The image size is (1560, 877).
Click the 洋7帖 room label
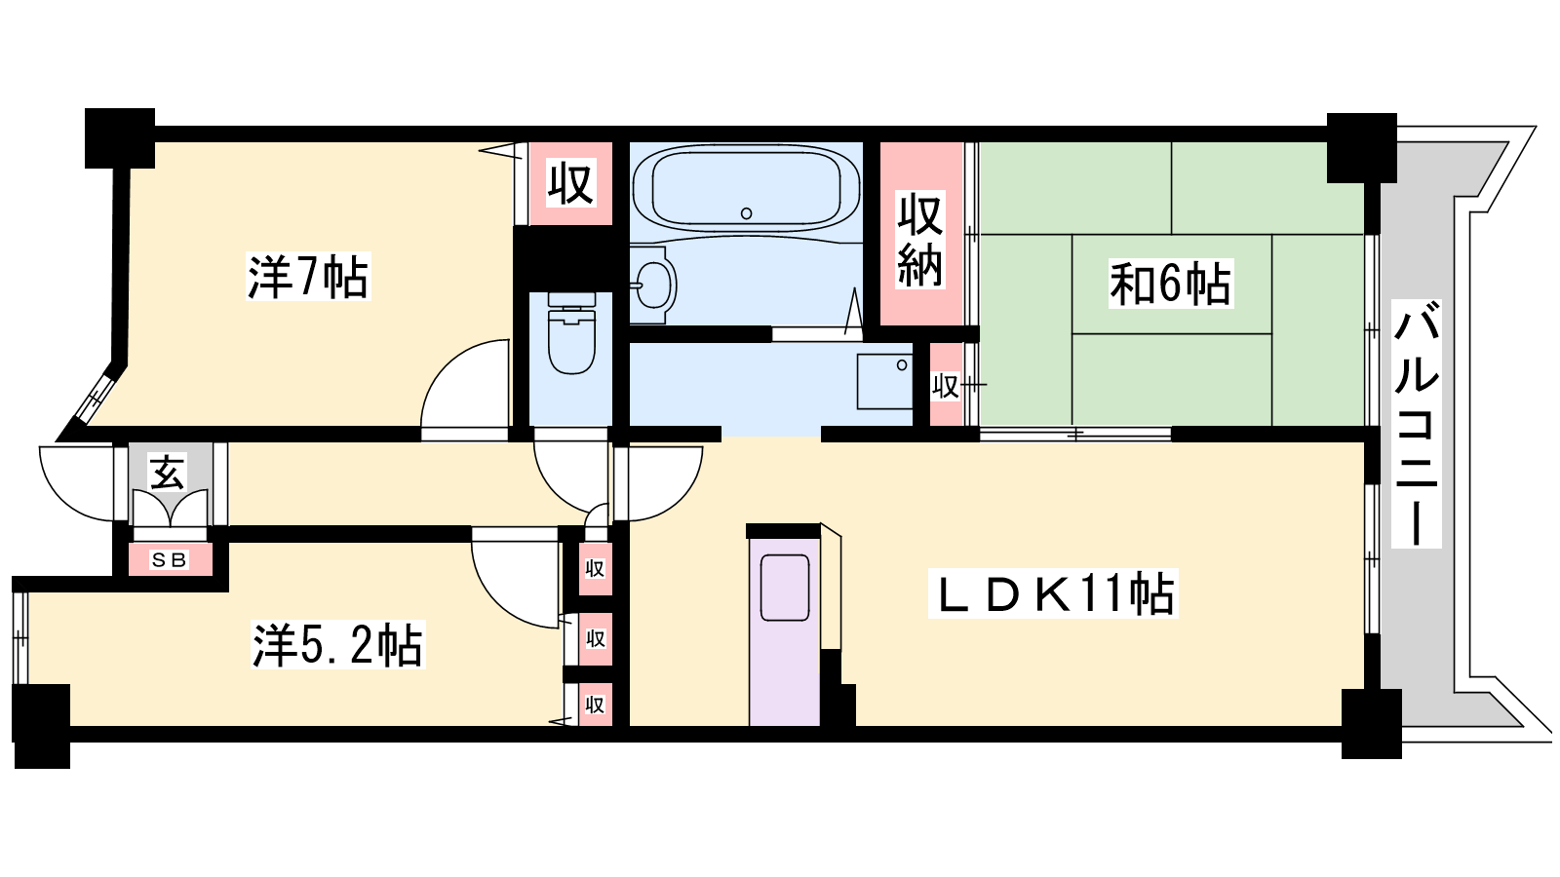[x=308, y=277]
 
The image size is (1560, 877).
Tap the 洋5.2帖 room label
[x=337, y=645]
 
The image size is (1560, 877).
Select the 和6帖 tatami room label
[x=1170, y=284]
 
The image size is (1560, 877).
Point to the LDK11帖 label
[x=1053, y=593]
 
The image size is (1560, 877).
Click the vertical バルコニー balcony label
[x=1416, y=424]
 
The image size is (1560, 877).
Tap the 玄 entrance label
[x=168, y=473]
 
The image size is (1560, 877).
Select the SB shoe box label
[x=170, y=559]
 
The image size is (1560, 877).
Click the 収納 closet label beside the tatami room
[x=920, y=240]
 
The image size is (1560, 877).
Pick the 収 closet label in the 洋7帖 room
[x=570, y=183]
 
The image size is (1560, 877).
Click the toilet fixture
[x=571, y=333]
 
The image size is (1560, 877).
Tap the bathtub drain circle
[x=747, y=213]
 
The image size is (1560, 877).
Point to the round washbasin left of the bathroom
[x=654, y=285]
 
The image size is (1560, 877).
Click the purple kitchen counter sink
[x=785, y=588]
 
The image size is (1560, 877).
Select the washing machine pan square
[x=884, y=381]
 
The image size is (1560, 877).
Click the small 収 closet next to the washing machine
[x=946, y=385]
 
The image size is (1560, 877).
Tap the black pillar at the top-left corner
[x=120, y=137]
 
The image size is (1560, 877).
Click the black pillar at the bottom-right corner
[x=1371, y=724]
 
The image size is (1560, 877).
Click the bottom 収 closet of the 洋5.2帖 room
[x=596, y=705]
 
